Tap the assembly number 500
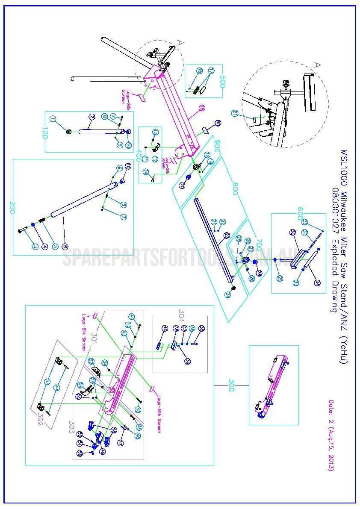tap(222, 81)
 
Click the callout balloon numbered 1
tap(53, 118)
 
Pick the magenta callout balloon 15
tap(202, 109)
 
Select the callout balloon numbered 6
tap(65, 246)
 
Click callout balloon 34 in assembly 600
tap(317, 283)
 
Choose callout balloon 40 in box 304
tap(164, 329)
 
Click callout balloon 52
tap(80, 454)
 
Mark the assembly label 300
tap(231, 382)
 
